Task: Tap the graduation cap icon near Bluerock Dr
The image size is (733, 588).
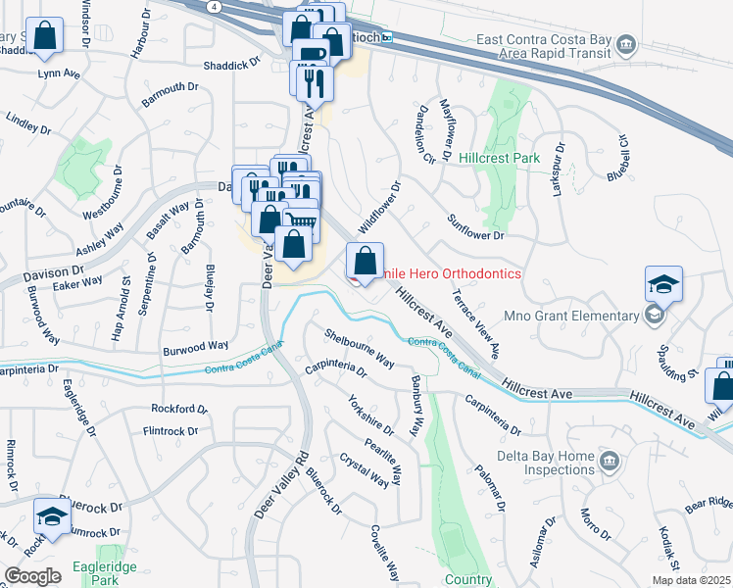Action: coord(52,515)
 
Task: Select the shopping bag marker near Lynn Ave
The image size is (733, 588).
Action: coord(45,36)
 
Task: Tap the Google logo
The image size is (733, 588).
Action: coord(32,576)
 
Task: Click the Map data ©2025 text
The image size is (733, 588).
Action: coord(691,580)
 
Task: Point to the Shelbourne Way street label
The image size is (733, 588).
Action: coord(360,348)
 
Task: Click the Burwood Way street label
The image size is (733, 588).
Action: coord(196,347)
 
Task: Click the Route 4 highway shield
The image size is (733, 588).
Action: coord(215,6)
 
